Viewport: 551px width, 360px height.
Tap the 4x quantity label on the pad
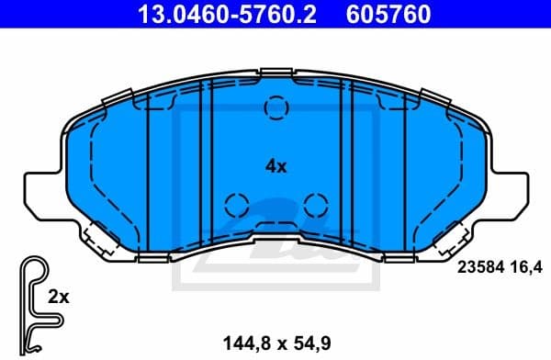[275, 166]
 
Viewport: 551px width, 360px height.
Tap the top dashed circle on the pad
[275, 108]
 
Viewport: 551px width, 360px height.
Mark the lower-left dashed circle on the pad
[237, 203]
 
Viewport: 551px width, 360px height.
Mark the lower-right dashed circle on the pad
[315, 203]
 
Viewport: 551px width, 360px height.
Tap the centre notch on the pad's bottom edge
[275, 243]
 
